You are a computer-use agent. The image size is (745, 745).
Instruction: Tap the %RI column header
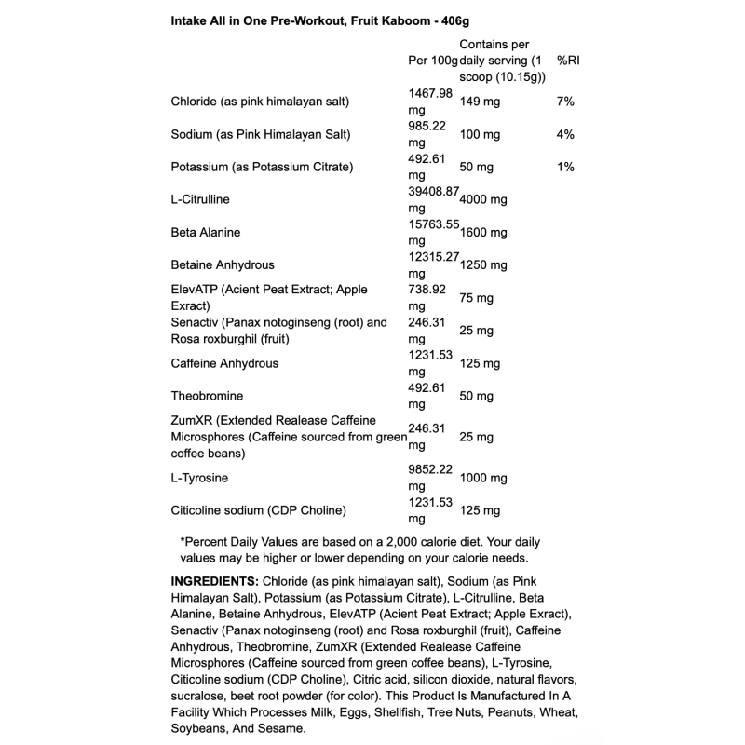point(568,61)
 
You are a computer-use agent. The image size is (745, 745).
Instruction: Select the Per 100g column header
point(433,61)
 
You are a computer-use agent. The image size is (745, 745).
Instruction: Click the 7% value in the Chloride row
point(565,102)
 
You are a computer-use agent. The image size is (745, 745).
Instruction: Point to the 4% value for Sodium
point(565,134)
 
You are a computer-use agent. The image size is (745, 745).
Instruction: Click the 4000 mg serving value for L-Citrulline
point(483,199)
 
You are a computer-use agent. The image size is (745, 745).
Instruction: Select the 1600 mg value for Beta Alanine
point(483,232)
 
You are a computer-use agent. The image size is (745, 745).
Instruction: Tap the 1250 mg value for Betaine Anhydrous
point(483,264)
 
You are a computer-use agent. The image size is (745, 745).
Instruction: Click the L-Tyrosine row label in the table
point(200,478)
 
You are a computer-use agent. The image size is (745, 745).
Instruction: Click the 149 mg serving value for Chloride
point(480,102)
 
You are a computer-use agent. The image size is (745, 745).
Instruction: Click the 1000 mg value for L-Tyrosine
point(483,478)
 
